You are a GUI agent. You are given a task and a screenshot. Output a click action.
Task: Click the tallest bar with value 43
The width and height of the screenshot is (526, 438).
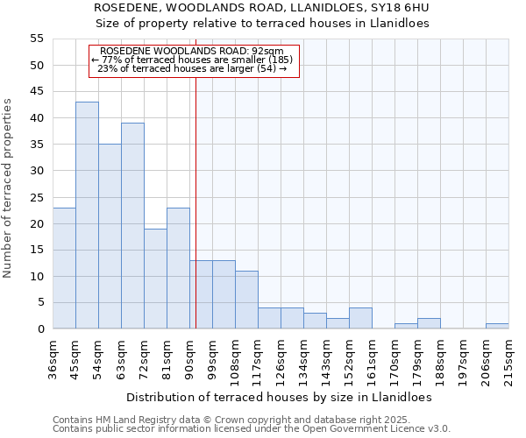click(x=87, y=215)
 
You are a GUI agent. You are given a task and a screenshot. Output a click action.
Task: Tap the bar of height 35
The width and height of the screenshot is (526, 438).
click(x=110, y=237)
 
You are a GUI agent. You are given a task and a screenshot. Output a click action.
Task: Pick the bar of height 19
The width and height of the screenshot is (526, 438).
click(x=155, y=279)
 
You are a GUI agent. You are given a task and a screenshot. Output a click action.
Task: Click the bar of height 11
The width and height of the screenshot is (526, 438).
click(x=246, y=300)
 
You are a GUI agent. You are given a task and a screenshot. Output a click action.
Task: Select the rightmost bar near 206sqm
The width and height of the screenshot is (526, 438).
click(x=497, y=327)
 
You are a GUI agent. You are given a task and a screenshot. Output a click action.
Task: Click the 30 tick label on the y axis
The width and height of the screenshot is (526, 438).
click(x=37, y=171)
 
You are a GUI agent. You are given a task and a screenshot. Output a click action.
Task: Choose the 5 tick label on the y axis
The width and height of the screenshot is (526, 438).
click(x=40, y=303)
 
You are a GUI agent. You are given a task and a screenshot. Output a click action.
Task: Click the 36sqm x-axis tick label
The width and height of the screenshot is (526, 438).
click(x=53, y=360)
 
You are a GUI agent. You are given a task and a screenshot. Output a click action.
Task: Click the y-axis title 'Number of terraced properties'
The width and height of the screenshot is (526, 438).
click(x=8, y=187)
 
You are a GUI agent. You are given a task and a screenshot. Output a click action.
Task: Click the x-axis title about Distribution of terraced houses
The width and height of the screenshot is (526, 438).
click(x=280, y=397)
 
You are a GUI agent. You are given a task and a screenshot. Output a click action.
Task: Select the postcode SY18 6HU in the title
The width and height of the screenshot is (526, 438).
click(x=399, y=8)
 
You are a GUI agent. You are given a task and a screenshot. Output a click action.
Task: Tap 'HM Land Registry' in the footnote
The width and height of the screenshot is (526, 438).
click(x=126, y=420)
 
